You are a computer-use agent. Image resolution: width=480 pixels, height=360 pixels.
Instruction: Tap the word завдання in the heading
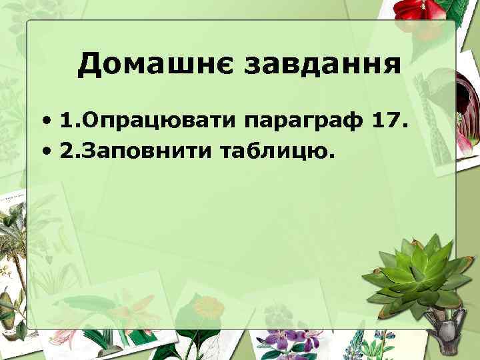324,65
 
